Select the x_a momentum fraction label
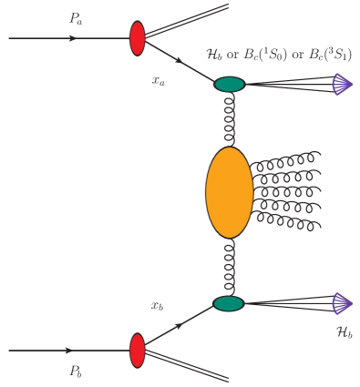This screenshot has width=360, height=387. point(159,80)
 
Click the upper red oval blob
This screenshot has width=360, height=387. point(138,38)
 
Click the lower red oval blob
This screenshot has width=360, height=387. point(138,350)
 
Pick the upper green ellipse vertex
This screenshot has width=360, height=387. point(230,85)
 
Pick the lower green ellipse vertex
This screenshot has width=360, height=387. point(229,303)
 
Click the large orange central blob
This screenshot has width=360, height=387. point(229,192)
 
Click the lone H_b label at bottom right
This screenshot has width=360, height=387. point(344,335)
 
